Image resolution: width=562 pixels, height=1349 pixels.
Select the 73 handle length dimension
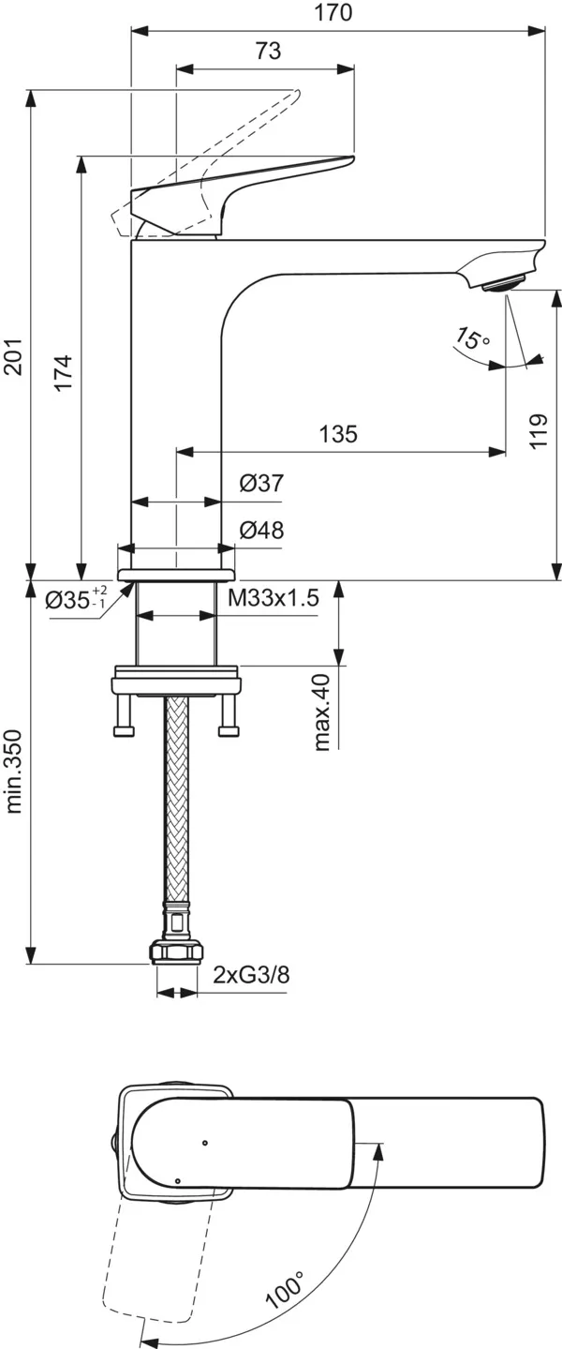click(267, 52)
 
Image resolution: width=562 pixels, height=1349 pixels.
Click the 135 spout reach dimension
click(338, 434)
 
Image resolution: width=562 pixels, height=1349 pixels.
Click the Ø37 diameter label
click(261, 484)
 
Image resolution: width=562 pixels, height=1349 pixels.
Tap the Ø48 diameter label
click(261, 530)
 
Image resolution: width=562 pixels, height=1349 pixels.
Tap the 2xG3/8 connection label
click(250, 974)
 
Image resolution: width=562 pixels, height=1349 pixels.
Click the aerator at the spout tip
click(506, 281)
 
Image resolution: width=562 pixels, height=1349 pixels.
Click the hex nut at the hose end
click(176, 953)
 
